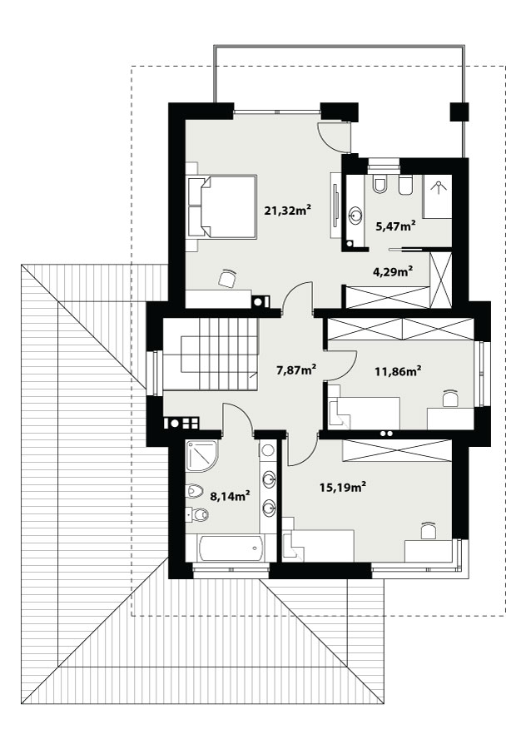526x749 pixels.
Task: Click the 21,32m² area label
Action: pyautogui.click(x=288, y=210)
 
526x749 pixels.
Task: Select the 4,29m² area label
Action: pyautogui.click(x=393, y=272)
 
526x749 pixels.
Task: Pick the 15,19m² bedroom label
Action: pyautogui.click(x=343, y=487)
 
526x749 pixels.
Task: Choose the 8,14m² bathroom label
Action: pyautogui.click(x=231, y=496)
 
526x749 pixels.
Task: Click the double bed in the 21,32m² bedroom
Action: pyautogui.click(x=221, y=206)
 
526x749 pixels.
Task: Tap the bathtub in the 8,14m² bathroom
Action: pyautogui.click(x=231, y=548)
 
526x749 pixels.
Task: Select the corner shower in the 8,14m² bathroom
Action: pyautogui.click(x=201, y=456)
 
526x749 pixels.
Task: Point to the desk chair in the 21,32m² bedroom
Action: pyautogui.click(x=227, y=278)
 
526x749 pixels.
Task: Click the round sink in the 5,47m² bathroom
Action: pyautogui.click(x=355, y=216)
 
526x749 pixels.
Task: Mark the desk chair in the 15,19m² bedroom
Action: pyautogui.click(x=429, y=530)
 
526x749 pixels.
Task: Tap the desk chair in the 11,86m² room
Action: pyautogui.click(x=450, y=398)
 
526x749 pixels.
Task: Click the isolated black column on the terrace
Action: pyautogui.click(x=459, y=112)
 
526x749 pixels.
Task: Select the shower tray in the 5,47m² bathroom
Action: pyautogui.click(x=437, y=196)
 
